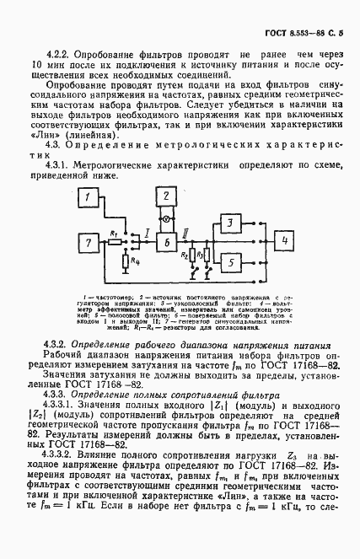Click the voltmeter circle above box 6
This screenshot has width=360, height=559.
(167, 219)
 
